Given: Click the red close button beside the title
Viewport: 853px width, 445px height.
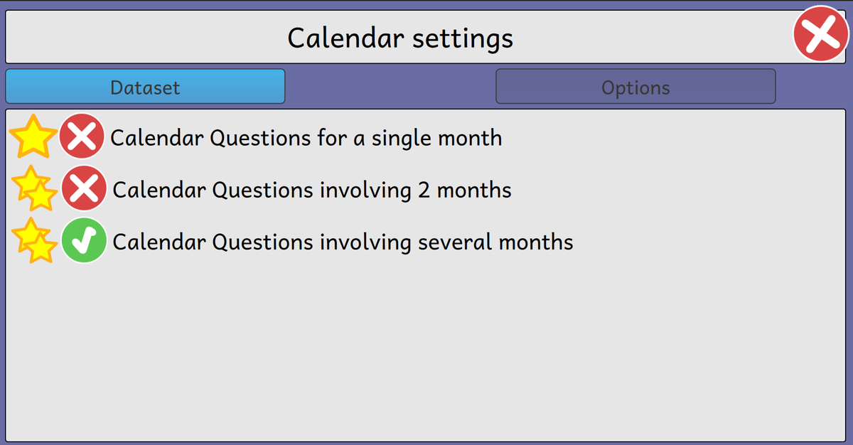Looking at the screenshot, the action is coord(821,33).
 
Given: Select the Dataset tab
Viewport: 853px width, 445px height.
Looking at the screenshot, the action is coord(145,87).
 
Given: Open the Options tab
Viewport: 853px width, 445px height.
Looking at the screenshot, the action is coord(635,87).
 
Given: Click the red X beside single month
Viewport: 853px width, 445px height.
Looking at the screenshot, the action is coord(82,136).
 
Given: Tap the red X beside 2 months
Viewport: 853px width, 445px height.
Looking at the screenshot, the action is coord(84,188).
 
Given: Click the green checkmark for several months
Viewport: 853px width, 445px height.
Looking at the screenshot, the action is coord(84,240).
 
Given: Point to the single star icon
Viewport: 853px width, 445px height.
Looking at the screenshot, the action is coord(33,136).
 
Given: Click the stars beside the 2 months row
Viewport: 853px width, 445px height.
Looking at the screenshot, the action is coord(34,188).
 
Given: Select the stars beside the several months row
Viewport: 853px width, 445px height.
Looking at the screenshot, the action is coord(34,240).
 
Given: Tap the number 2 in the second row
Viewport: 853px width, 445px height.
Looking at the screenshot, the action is coord(424,190).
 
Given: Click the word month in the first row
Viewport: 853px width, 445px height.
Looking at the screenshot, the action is coord(470,138).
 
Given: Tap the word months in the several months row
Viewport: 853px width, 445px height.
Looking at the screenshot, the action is coord(536,242).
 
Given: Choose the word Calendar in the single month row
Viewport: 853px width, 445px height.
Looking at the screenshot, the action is coord(157,138).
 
